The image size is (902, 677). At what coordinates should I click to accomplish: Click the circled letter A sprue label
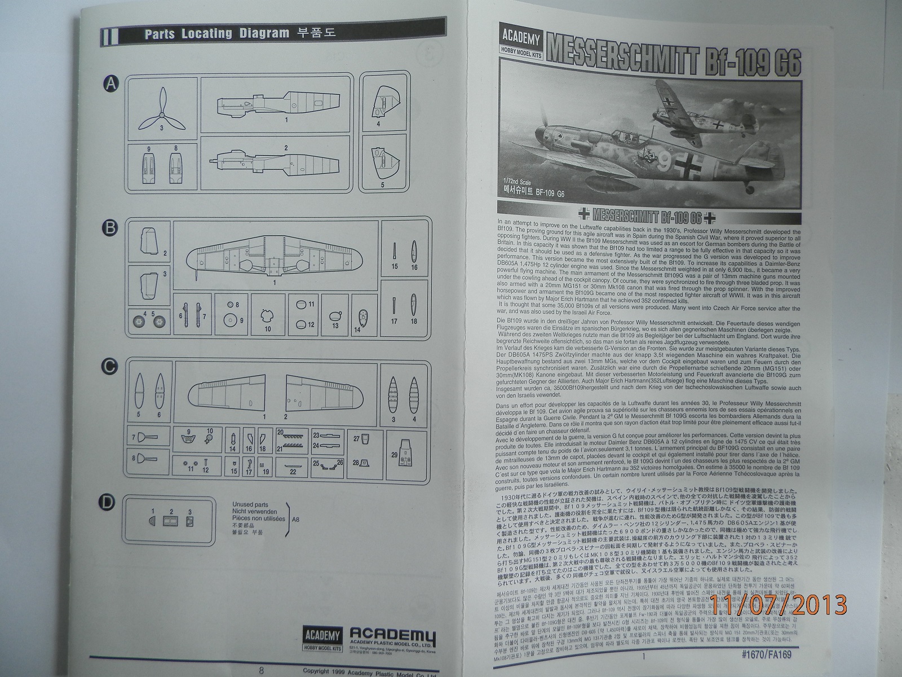pyautogui.click(x=112, y=85)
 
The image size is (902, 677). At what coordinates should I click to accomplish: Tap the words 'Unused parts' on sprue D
pyautogui.click(x=251, y=505)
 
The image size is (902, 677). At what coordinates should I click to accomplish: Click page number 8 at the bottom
pyautogui.click(x=261, y=671)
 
